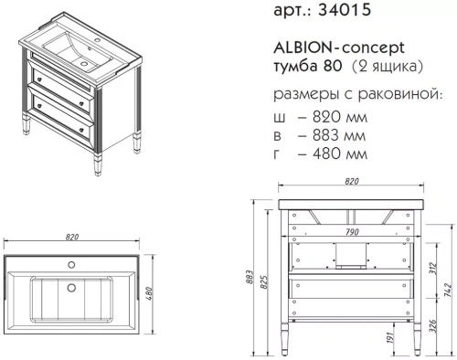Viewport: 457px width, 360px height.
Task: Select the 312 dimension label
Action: click(x=432, y=267)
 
